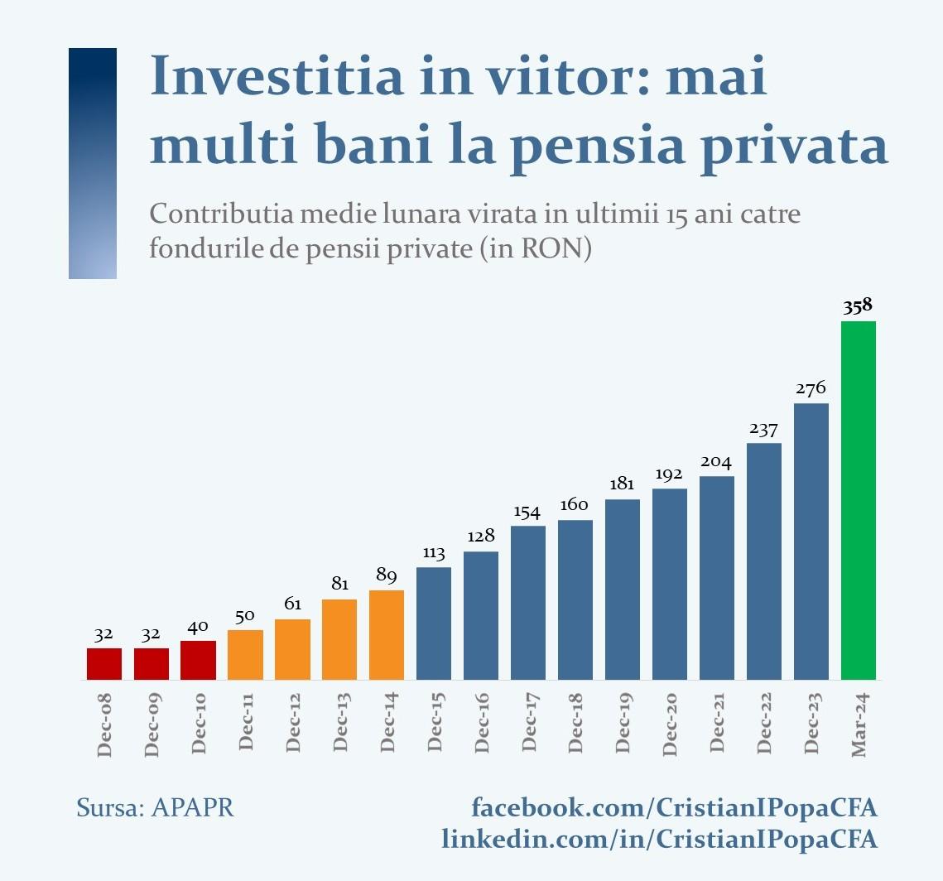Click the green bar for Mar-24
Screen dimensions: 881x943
[x=858, y=500]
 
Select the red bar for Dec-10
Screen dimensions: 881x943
[x=198, y=660]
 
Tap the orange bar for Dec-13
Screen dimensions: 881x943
[x=339, y=639]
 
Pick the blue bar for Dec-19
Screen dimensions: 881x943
[x=623, y=590]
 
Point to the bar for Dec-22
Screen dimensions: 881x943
[x=764, y=561]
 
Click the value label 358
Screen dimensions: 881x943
[x=858, y=306]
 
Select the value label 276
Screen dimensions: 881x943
[x=811, y=388]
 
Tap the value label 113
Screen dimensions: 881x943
[x=434, y=552]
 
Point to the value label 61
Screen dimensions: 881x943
[x=292, y=604]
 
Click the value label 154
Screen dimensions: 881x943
[x=527, y=512]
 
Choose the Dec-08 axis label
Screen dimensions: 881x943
[x=104, y=725]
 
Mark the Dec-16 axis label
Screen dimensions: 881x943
[x=482, y=725]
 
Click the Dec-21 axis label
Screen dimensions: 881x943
[x=717, y=725]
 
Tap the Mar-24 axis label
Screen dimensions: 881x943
[x=859, y=725]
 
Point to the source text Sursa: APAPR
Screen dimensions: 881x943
[x=155, y=807]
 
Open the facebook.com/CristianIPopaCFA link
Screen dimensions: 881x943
[x=674, y=807]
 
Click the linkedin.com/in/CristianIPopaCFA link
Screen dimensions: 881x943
[x=659, y=839]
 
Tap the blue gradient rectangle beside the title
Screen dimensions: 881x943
[x=93, y=163]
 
